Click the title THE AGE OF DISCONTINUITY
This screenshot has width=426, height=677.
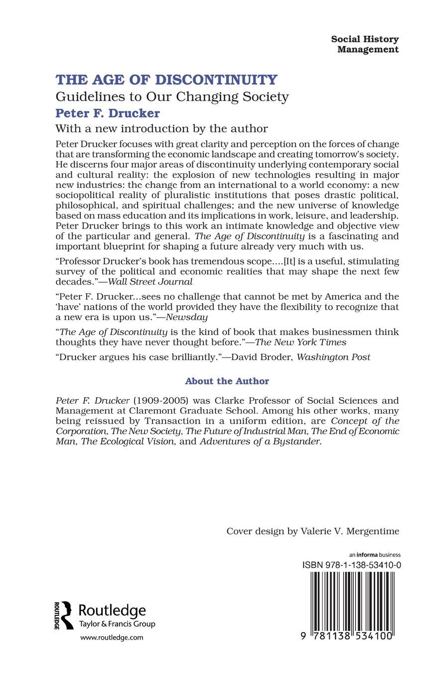pos(166,80)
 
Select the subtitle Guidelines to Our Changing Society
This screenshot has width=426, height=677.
pos(172,96)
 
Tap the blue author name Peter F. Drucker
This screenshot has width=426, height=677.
pos(107,113)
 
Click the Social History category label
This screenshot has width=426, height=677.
pos(365,39)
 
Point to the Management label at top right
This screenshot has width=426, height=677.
pos(368,49)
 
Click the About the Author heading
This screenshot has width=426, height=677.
pos(227,381)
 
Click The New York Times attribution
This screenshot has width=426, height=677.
pos(300,342)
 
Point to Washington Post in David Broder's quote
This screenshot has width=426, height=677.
pos(333,357)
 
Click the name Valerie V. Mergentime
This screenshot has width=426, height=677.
pos(350,531)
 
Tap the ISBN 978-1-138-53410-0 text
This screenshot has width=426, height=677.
pos(352,565)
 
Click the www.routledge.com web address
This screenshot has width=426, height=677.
pos(112,637)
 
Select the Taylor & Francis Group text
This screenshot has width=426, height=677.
pos(117,624)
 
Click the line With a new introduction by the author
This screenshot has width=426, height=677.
pos(161,128)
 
